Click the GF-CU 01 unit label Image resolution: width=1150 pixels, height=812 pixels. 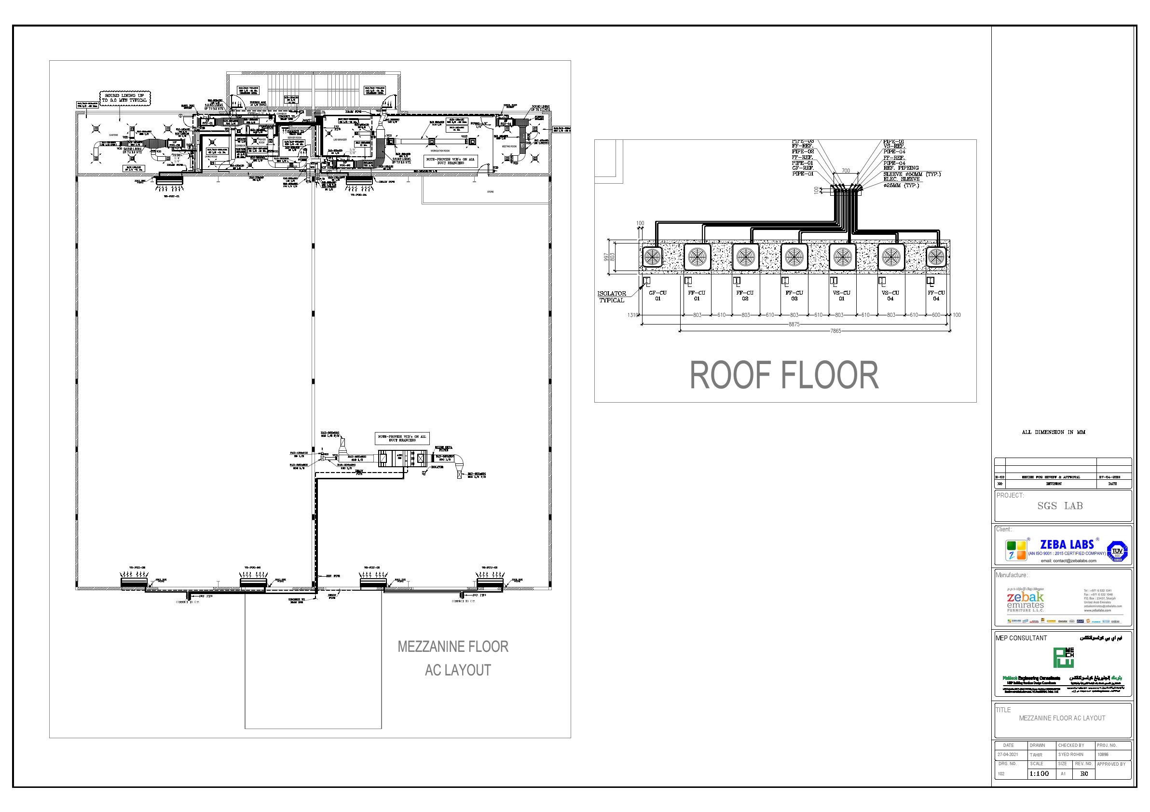657,296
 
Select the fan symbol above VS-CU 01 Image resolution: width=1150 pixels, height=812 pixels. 842,257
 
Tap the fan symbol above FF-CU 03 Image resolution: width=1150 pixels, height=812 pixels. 794,257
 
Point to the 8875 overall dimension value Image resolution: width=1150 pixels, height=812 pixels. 794,325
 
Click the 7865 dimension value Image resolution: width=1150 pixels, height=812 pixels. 835,331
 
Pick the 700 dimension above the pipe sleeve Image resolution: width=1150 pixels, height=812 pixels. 846,171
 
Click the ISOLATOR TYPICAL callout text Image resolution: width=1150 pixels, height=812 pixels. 612,297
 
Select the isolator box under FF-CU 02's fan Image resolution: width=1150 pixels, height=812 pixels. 737,281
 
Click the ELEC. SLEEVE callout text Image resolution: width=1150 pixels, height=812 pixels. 902,179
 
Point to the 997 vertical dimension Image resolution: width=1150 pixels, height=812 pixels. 606,257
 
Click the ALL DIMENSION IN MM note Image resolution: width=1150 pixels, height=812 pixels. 1054,432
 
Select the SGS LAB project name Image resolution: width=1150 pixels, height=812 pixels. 1060,506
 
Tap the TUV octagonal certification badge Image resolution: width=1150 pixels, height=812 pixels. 1117,552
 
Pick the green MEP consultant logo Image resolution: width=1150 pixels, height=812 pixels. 1063,657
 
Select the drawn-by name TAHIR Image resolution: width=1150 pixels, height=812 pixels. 1036,755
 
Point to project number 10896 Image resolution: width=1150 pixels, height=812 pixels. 1103,755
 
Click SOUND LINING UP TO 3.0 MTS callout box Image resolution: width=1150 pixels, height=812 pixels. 125,97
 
